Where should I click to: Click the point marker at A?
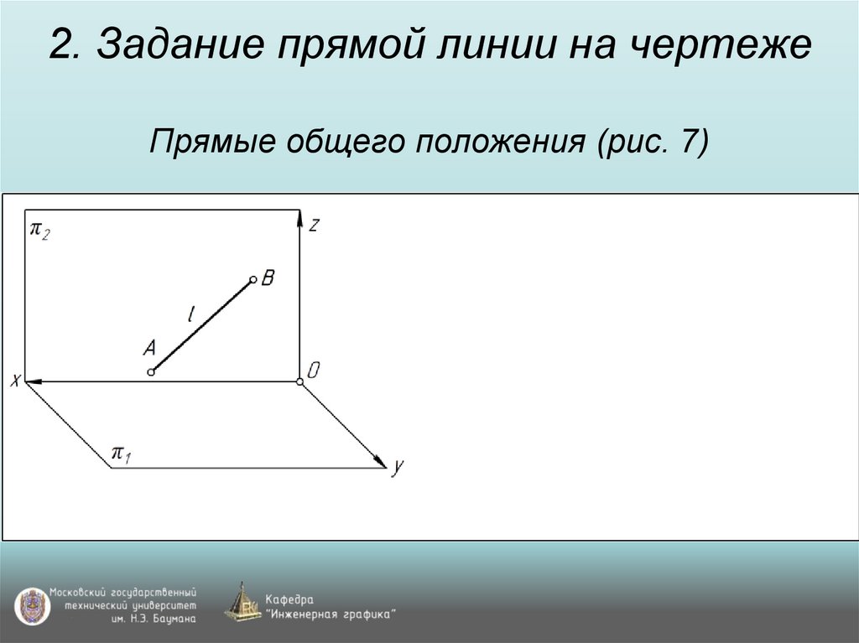pyautogui.click(x=151, y=371)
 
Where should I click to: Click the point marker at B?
pyautogui.click(x=252, y=281)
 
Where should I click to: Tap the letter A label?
pyautogui.click(x=149, y=347)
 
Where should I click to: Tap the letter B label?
pyautogui.click(x=268, y=277)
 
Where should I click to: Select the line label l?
pyautogui.click(x=191, y=315)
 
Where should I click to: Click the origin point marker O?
pyautogui.click(x=299, y=382)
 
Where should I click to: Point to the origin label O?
pyautogui.click(x=313, y=370)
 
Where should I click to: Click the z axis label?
pyautogui.click(x=313, y=225)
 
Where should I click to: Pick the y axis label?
pyautogui.click(x=397, y=467)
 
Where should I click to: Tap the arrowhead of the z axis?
pyautogui.click(x=299, y=218)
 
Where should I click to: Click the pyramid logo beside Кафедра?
pyautogui.click(x=243, y=603)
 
